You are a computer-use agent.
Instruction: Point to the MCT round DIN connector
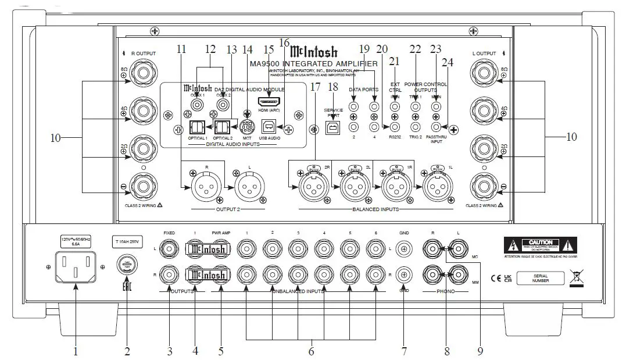point(248,127)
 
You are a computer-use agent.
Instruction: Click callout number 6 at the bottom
point(311,351)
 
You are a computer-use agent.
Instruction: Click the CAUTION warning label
point(541,243)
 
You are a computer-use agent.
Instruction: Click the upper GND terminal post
point(403,249)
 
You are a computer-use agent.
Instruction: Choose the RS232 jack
point(395,126)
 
